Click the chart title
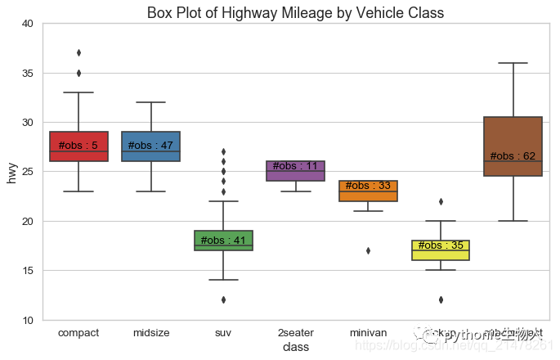pos(295,13)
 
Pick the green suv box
pos(223,245)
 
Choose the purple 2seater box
pos(295,176)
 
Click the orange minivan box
pos(368,195)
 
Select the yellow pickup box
pos(441,253)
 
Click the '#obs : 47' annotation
pos(150,146)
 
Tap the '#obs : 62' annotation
pos(513,156)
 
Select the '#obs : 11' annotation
pos(295,166)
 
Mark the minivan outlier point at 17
pos(368,250)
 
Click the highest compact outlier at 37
pos(78,53)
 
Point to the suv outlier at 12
pos(223,299)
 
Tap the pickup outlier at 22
pos(441,201)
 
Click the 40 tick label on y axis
pos(28,25)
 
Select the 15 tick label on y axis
pos(28,271)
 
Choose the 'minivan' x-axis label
pos(368,333)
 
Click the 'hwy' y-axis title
pos(11,172)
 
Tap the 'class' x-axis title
pos(295,348)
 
